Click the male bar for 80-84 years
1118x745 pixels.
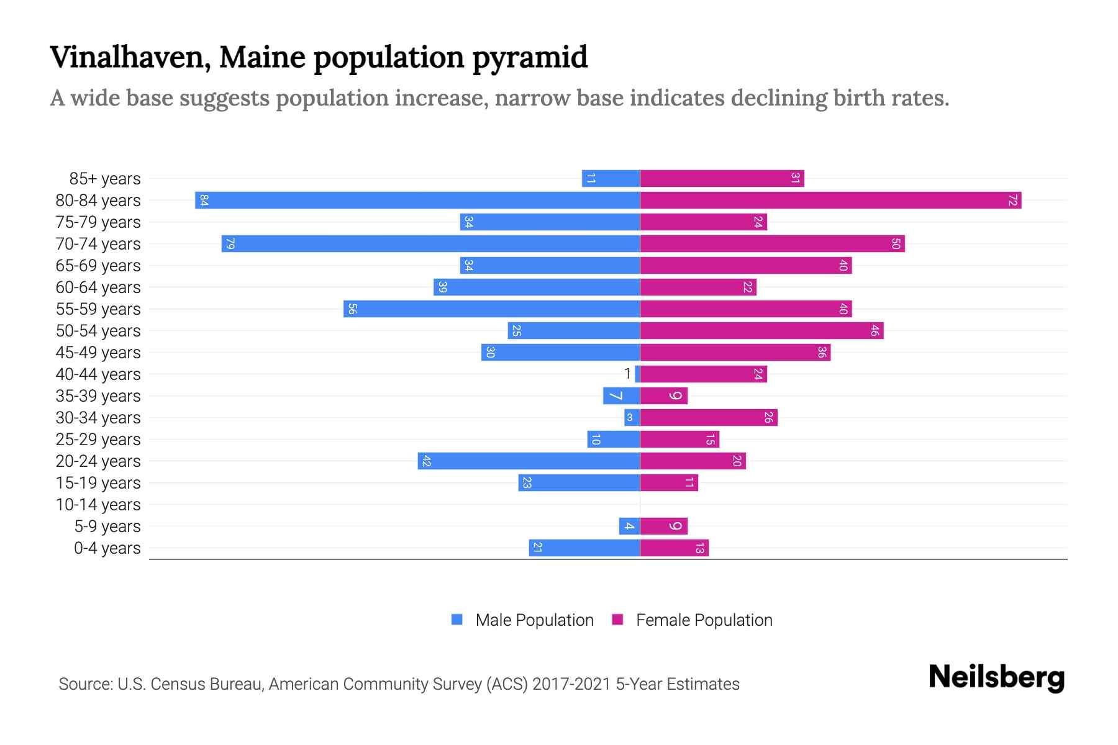click(x=417, y=201)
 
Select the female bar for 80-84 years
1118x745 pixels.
click(x=830, y=201)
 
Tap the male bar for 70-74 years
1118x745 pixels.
click(x=430, y=244)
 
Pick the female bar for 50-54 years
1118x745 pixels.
click(x=761, y=331)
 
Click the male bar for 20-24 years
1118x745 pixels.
click(x=529, y=461)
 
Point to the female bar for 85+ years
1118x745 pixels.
click(x=722, y=179)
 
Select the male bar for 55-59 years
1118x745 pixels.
click(x=491, y=309)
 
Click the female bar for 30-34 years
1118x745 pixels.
click(x=709, y=418)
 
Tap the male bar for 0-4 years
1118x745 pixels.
click(x=584, y=548)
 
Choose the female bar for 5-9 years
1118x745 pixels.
click(x=663, y=526)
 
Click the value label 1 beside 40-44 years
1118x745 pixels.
click(x=627, y=374)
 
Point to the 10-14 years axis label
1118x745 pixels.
click(x=98, y=505)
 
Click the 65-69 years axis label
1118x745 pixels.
click(x=98, y=266)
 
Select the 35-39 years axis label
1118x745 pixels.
click(x=98, y=396)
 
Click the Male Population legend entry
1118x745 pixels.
click(x=522, y=620)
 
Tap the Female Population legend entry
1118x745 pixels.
click(x=693, y=620)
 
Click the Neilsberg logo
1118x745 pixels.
click(x=996, y=677)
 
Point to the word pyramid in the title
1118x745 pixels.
click(x=530, y=57)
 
